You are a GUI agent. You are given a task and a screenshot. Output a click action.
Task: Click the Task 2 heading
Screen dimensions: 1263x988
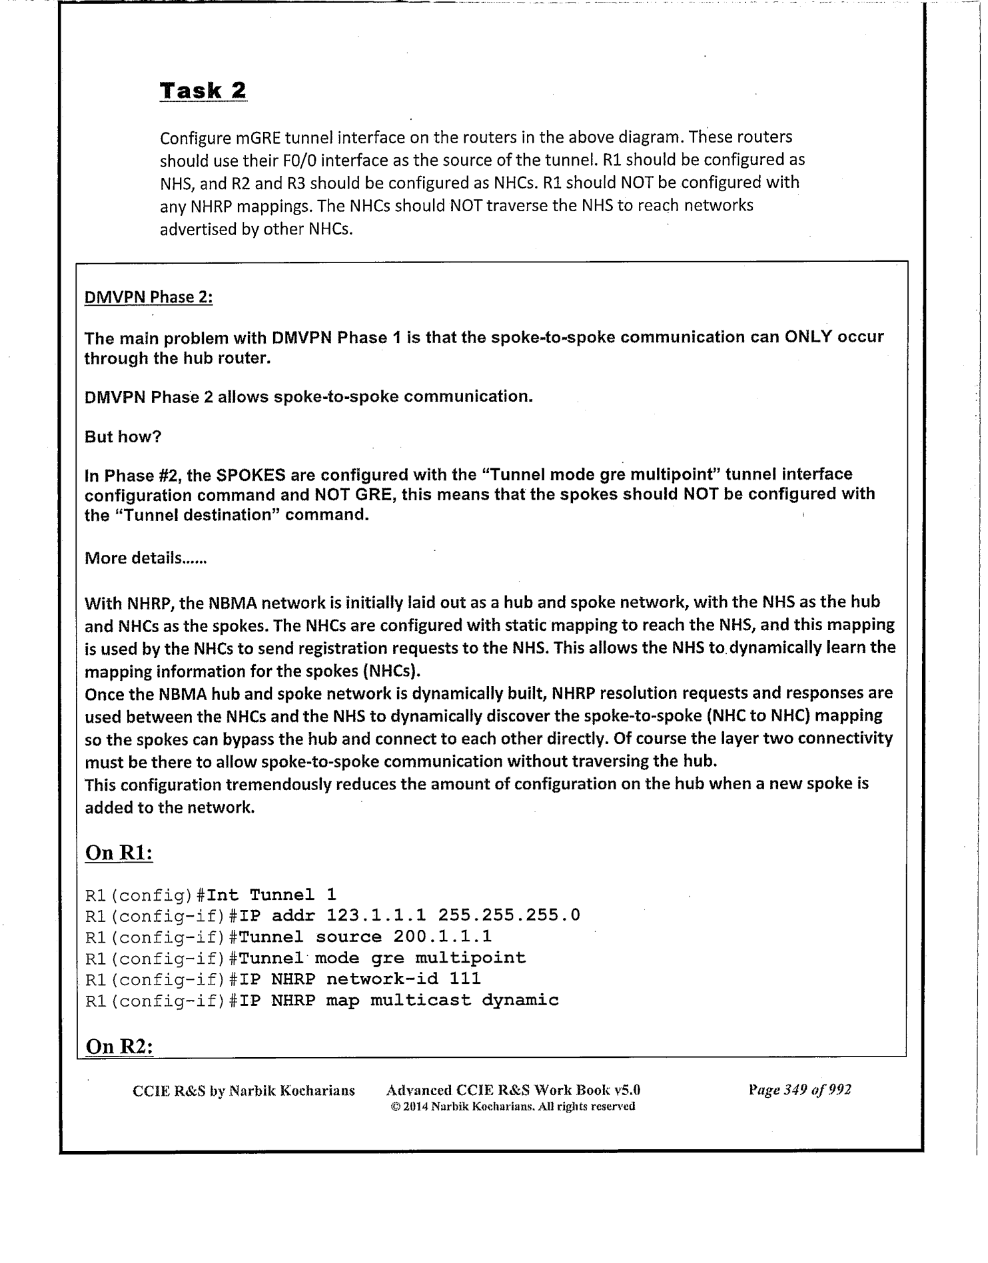pos(203,91)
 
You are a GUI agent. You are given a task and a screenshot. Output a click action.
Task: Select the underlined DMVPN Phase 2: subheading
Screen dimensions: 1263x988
pos(149,297)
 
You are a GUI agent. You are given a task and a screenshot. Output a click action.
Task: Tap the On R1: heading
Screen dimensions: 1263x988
pos(119,853)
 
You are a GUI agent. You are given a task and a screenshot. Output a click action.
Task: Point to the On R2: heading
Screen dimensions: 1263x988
pos(120,1047)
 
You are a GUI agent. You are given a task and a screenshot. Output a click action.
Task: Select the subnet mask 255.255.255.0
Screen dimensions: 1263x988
pos(509,915)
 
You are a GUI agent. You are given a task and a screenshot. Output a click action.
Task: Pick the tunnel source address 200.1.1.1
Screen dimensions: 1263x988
pos(442,937)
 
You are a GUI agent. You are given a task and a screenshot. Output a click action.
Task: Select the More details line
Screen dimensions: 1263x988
pos(146,558)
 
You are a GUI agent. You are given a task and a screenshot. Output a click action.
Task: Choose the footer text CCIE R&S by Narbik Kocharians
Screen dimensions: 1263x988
pos(244,1090)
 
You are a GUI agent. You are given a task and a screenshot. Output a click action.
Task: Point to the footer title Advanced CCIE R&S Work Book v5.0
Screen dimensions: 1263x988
pos(513,1090)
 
